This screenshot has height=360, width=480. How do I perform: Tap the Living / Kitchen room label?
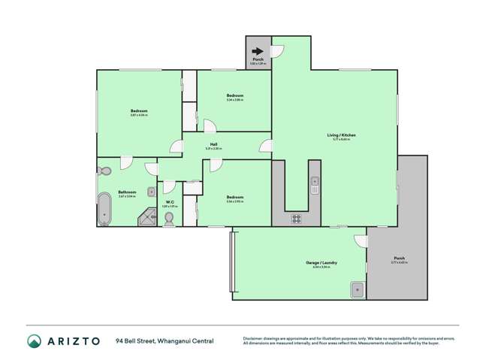coord(341,135)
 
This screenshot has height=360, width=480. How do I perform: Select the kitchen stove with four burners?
coord(296,219)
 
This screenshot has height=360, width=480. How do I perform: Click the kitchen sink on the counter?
coord(315,182)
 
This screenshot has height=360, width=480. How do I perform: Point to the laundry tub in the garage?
coord(358,288)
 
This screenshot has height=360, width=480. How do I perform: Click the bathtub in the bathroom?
coord(104,208)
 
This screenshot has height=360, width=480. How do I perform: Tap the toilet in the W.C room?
coord(169,218)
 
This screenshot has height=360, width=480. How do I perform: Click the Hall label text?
coord(214,144)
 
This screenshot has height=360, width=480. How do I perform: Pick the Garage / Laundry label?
coord(321,262)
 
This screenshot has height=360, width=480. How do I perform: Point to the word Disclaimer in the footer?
coord(252,339)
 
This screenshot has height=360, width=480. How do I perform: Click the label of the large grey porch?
coord(397,259)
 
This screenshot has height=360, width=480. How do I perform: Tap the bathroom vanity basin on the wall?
coord(150,192)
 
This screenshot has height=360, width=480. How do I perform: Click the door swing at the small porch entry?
coord(277,50)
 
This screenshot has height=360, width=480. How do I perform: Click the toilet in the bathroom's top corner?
coord(104,171)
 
